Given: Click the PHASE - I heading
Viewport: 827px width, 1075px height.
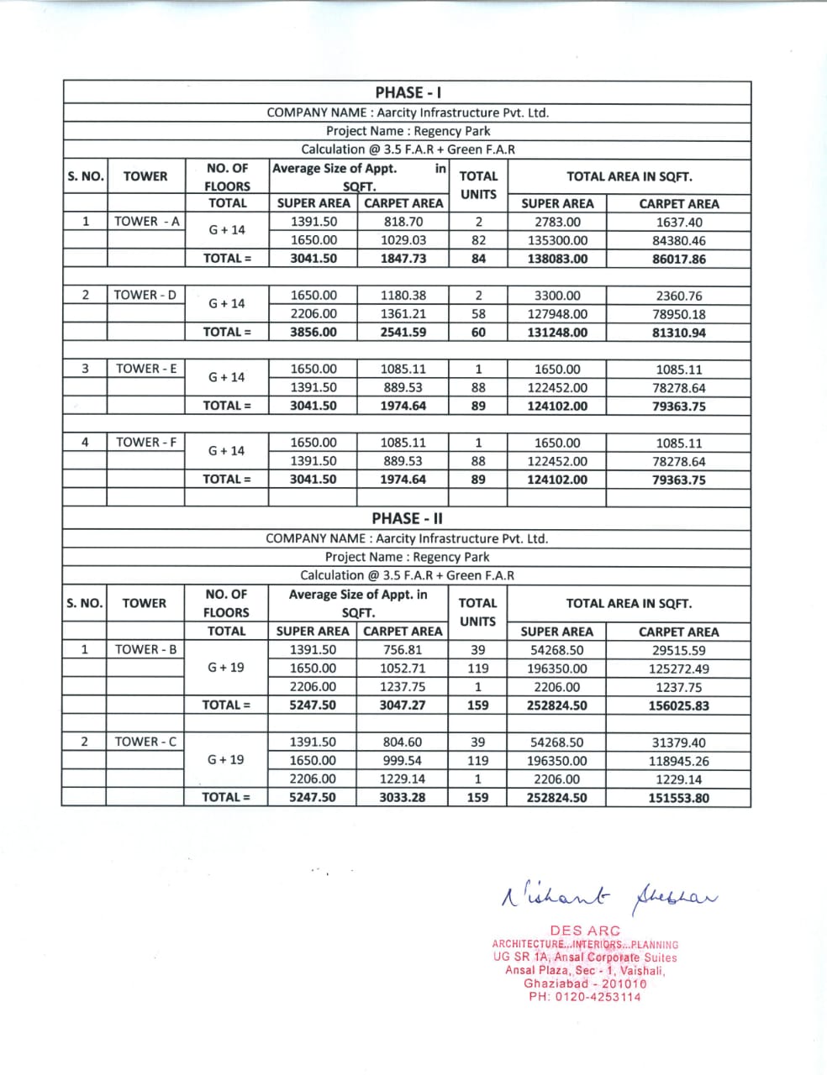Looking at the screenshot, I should (x=407, y=92).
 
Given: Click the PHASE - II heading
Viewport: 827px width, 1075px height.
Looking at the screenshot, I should (x=407, y=519).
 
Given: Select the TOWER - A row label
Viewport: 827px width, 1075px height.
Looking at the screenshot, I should (x=146, y=222).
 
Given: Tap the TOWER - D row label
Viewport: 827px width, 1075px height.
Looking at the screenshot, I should (x=145, y=295).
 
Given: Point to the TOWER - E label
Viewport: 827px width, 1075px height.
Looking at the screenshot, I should (x=146, y=369).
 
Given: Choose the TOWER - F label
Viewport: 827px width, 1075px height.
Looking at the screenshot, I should (x=146, y=443).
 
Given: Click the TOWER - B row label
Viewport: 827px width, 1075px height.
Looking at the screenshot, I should (x=145, y=649).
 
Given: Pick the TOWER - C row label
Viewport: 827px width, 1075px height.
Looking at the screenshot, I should (x=145, y=742).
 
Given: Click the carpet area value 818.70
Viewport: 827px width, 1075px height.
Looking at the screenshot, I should (x=403, y=222).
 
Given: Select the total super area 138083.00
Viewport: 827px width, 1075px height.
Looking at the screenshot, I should (x=557, y=259).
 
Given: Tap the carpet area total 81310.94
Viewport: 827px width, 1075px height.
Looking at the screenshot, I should (x=678, y=333).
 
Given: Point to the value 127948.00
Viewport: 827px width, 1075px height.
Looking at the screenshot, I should (x=557, y=314).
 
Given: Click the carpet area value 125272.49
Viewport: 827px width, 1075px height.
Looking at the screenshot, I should (x=678, y=669).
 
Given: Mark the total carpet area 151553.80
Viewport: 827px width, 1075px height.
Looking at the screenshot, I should (x=678, y=798).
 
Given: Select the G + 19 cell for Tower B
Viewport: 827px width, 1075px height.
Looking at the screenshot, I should (x=226, y=668).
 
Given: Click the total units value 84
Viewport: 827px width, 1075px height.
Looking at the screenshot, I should (x=478, y=259).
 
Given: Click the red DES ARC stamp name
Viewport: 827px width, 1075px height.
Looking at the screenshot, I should (x=585, y=931).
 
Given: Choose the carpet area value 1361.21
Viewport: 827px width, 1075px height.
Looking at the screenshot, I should (x=403, y=314).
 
